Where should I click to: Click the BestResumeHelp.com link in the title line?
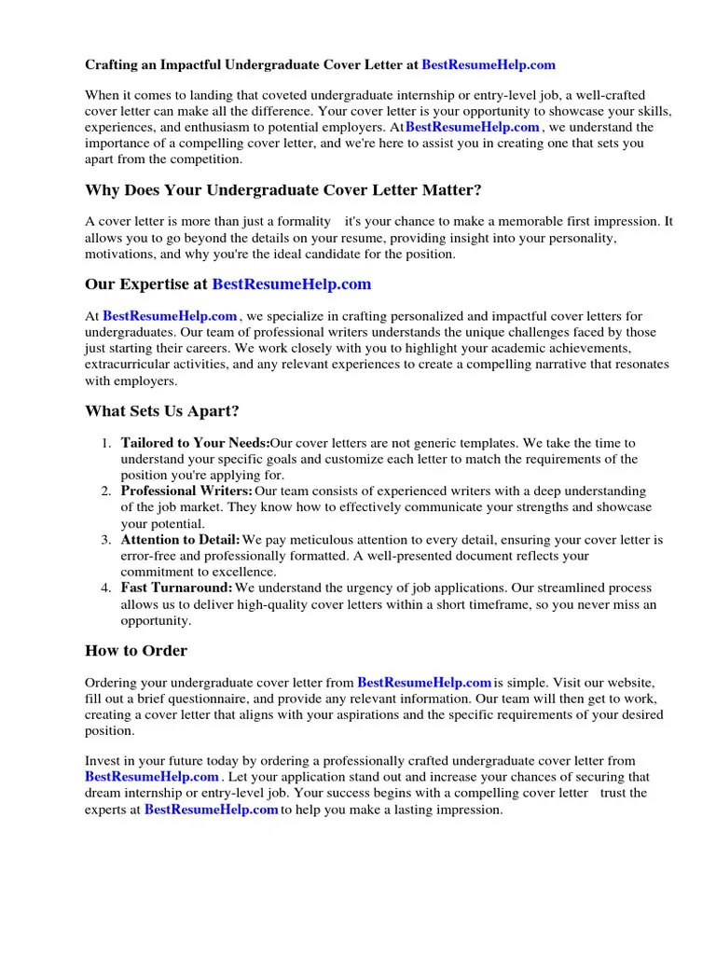point(489,65)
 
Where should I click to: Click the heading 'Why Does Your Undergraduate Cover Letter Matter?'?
point(283,190)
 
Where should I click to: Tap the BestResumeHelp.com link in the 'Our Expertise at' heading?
point(291,284)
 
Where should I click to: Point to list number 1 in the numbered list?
point(107,444)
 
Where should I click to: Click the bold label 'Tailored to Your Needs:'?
point(195,443)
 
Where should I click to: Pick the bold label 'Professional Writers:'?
point(186,491)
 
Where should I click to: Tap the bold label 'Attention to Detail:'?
point(181,539)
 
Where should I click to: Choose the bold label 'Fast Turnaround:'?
point(177,588)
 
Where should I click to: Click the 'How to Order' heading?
point(136,651)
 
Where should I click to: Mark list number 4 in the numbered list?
point(107,588)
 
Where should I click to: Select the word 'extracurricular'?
point(127,365)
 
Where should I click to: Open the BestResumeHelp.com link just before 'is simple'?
point(424,683)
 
